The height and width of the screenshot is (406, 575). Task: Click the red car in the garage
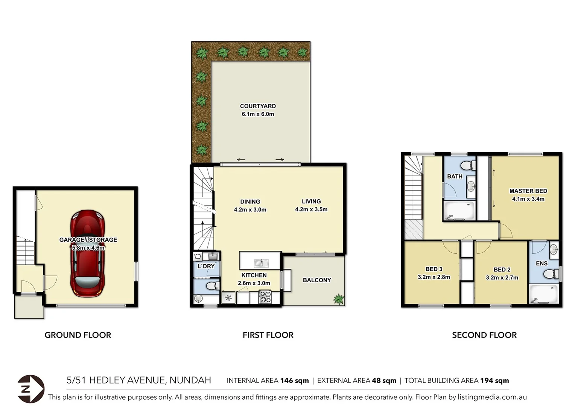(87, 254)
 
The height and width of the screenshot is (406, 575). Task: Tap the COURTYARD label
(258, 106)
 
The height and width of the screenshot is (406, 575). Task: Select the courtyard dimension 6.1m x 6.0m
(258, 114)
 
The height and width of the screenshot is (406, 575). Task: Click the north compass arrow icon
(31, 389)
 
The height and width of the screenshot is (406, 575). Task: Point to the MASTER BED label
(528, 191)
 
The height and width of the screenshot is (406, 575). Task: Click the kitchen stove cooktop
(265, 297)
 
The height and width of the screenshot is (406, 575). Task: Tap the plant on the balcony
(338, 299)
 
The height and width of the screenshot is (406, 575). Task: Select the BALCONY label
(317, 280)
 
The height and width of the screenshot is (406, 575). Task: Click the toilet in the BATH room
(468, 165)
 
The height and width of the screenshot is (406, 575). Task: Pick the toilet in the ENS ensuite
(551, 274)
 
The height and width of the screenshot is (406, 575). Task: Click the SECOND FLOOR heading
(484, 335)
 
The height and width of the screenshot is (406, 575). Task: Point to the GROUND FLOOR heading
(78, 335)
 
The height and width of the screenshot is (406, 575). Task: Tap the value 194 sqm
(494, 380)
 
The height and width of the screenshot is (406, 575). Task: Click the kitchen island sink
(261, 263)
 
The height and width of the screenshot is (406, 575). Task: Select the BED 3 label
(434, 269)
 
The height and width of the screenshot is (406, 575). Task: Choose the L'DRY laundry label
(206, 266)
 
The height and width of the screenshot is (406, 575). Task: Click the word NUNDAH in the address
(190, 380)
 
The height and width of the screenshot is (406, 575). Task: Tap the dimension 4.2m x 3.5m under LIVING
(311, 209)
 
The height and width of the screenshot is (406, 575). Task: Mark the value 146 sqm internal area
(294, 380)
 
